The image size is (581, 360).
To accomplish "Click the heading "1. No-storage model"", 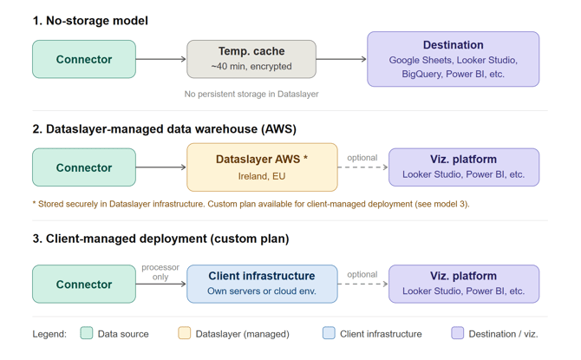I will click(x=90, y=21).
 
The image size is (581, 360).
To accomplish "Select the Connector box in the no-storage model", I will click(x=84, y=59).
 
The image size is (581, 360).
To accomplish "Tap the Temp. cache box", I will click(x=251, y=59).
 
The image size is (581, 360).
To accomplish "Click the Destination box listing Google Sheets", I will click(x=453, y=59).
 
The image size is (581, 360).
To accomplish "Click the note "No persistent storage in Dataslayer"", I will click(x=251, y=94).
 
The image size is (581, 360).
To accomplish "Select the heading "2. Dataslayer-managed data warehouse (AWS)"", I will click(x=165, y=129).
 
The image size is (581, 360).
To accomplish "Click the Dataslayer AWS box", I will click(x=262, y=167).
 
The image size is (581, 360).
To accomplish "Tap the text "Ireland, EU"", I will click(x=262, y=176).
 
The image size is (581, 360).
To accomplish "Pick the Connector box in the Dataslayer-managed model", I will click(x=84, y=167).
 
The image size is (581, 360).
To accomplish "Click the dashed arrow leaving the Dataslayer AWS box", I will click(x=362, y=167).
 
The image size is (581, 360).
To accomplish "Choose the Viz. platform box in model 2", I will click(x=463, y=167).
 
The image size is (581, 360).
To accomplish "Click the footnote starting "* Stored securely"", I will click(x=251, y=204).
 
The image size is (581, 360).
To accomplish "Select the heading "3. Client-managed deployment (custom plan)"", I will click(x=160, y=239).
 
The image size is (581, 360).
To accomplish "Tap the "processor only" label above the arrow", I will click(x=160, y=272).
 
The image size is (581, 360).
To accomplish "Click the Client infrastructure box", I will click(x=262, y=284).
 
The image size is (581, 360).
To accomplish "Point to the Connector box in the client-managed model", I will click(x=84, y=284).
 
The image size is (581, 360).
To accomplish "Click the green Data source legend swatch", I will click(x=87, y=333).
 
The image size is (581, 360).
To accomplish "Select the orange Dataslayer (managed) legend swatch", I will click(x=184, y=333).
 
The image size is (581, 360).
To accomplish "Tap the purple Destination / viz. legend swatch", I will click(x=457, y=333).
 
